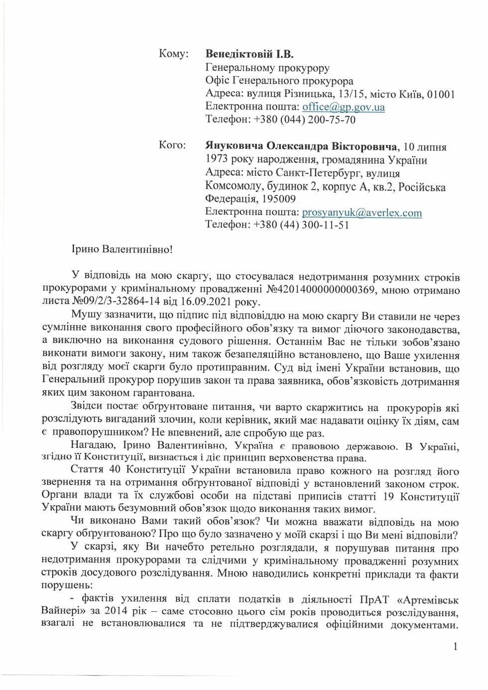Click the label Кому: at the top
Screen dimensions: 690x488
(x=173, y=54)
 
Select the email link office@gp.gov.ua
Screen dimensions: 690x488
(x=344, y=107)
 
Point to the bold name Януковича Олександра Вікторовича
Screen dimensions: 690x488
(x=301, y=146)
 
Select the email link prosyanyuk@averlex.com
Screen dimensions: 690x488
(x=362, y=213)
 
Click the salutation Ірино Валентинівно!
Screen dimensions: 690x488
(x=122, y=248)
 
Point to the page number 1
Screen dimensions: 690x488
(x=455, y=647)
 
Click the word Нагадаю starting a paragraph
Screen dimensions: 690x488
(x=92, y=445)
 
